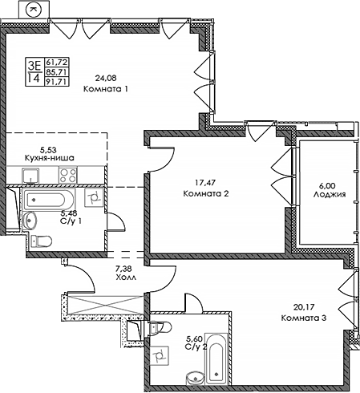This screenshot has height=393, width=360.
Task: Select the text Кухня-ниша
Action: click(x=51, y=158)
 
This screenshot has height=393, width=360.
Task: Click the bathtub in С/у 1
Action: click(x=49, y=200)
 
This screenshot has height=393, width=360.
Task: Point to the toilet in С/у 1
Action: click(x=44, y=238)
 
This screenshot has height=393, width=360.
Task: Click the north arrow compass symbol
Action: click(x=34, y=10)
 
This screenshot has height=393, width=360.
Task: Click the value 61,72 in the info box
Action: click(x=57, y=61)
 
